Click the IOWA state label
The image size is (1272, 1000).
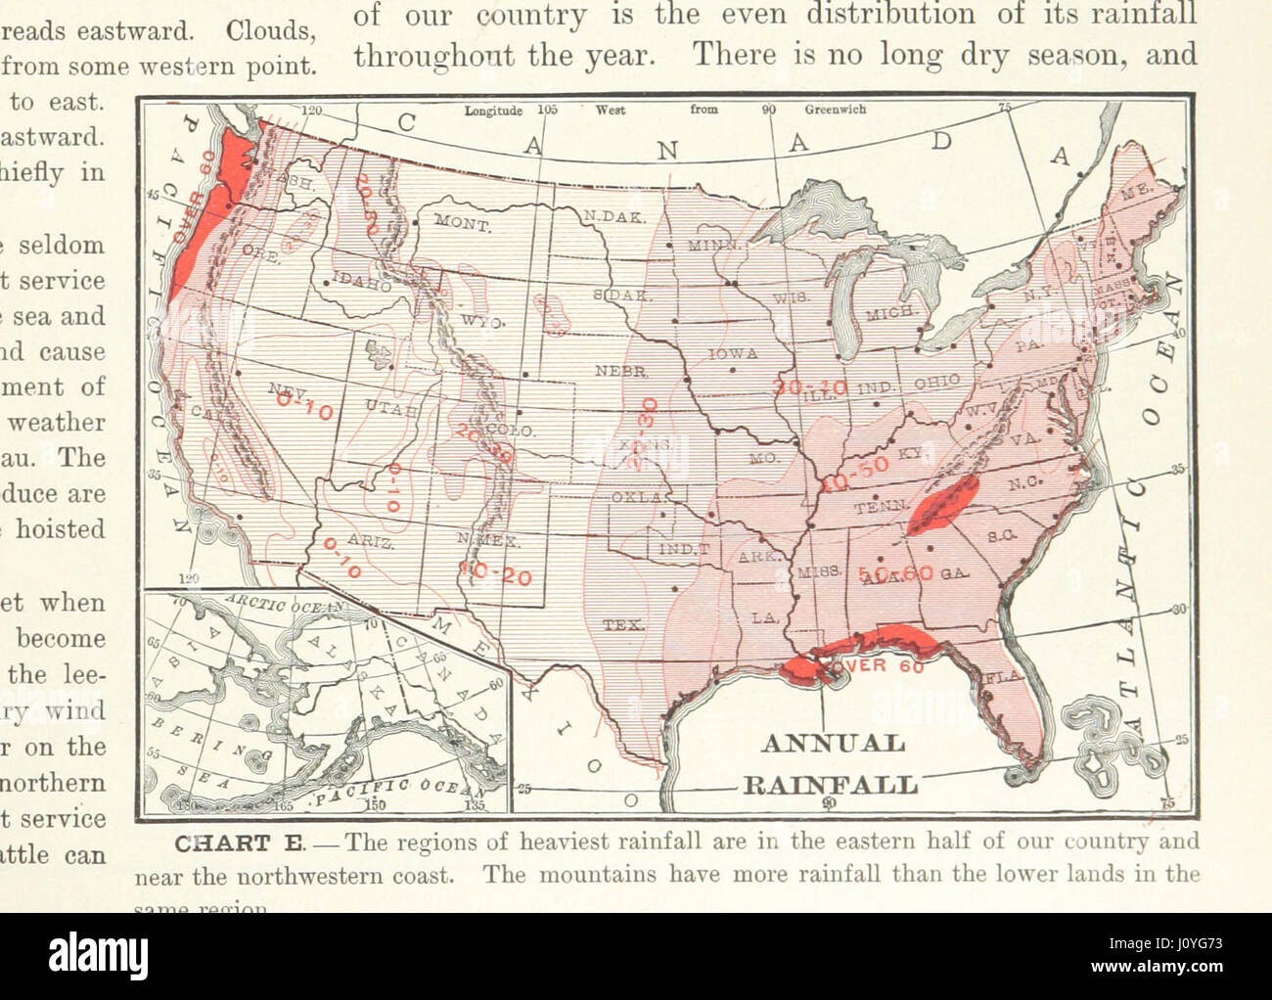tap(733, 354)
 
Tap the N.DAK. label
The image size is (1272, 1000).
tap(613, 216)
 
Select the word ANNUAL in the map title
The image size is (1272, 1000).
tap(833, 744)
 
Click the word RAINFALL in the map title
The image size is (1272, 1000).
tap(831, 785)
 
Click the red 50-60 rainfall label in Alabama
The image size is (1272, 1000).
tap(895, 574)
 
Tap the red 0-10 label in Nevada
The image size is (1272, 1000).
tap(303, 401)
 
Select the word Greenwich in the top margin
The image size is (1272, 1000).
tap(835, 110)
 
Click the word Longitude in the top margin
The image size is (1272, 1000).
tap(493, 111)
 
